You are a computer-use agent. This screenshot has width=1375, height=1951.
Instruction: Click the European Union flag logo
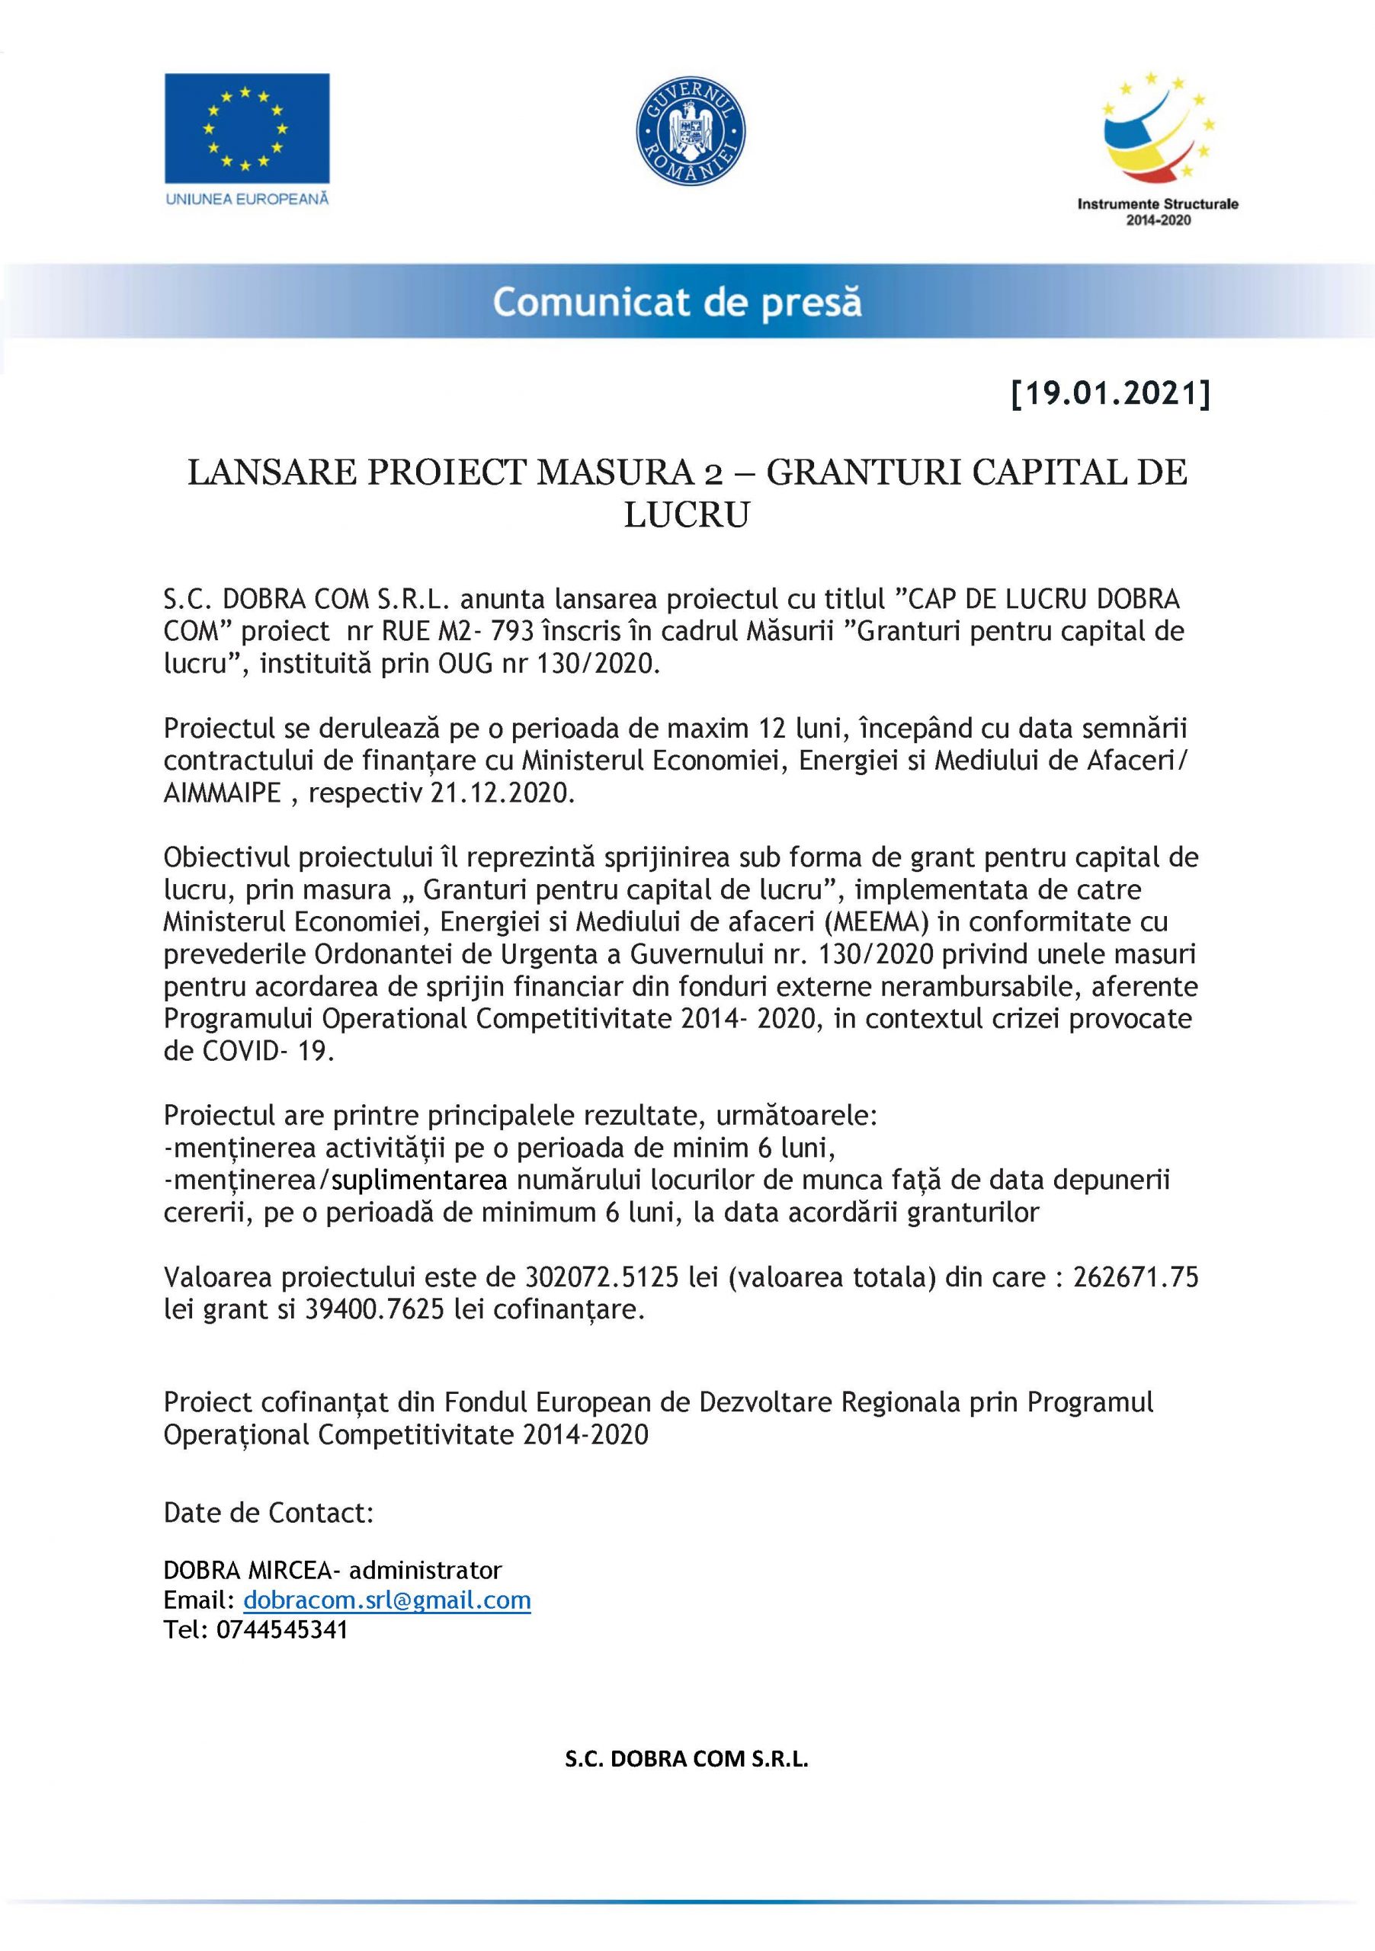(x=246, y=127)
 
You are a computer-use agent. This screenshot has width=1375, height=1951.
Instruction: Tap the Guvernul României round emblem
(x=690, y=133)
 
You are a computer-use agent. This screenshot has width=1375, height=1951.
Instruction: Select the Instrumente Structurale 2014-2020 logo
(x=1158, y=149)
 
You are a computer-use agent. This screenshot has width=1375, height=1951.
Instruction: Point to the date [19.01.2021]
(x=1110, y=394)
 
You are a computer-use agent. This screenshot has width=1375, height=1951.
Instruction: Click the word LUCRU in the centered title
(x=687, y=515)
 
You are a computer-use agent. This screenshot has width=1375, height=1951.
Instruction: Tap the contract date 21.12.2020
(x=503, y=793)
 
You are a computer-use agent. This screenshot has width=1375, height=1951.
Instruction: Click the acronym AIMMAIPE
(x=222, y=793)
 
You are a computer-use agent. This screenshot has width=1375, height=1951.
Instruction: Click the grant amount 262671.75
(x=1136, y=1277)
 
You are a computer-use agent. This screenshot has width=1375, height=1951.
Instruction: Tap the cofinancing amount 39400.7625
(x=374, y=1309)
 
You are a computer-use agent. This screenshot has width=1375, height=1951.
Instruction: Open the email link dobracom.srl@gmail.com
(x=386, y=1600)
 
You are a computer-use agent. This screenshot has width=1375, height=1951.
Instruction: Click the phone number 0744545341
(x=282, y=1630)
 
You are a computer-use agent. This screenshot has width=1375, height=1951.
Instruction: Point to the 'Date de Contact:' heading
(x=268, y=1513)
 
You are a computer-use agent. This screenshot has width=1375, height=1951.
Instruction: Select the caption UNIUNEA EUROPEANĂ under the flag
(x=247, y=199)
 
